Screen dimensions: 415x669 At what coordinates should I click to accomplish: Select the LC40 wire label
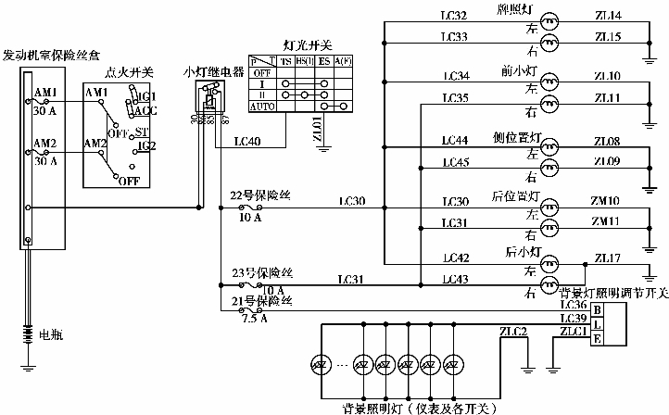247,142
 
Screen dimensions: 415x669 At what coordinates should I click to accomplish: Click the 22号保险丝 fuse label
261,195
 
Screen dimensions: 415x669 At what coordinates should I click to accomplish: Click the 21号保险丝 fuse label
261,302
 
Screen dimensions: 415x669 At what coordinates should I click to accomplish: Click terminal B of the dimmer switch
598,308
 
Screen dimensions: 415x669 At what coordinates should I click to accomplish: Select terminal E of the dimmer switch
598,339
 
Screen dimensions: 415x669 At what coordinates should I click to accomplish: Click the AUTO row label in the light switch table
262,107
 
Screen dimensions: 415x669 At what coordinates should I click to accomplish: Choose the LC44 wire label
456,140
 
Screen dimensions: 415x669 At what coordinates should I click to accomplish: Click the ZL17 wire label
609,258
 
